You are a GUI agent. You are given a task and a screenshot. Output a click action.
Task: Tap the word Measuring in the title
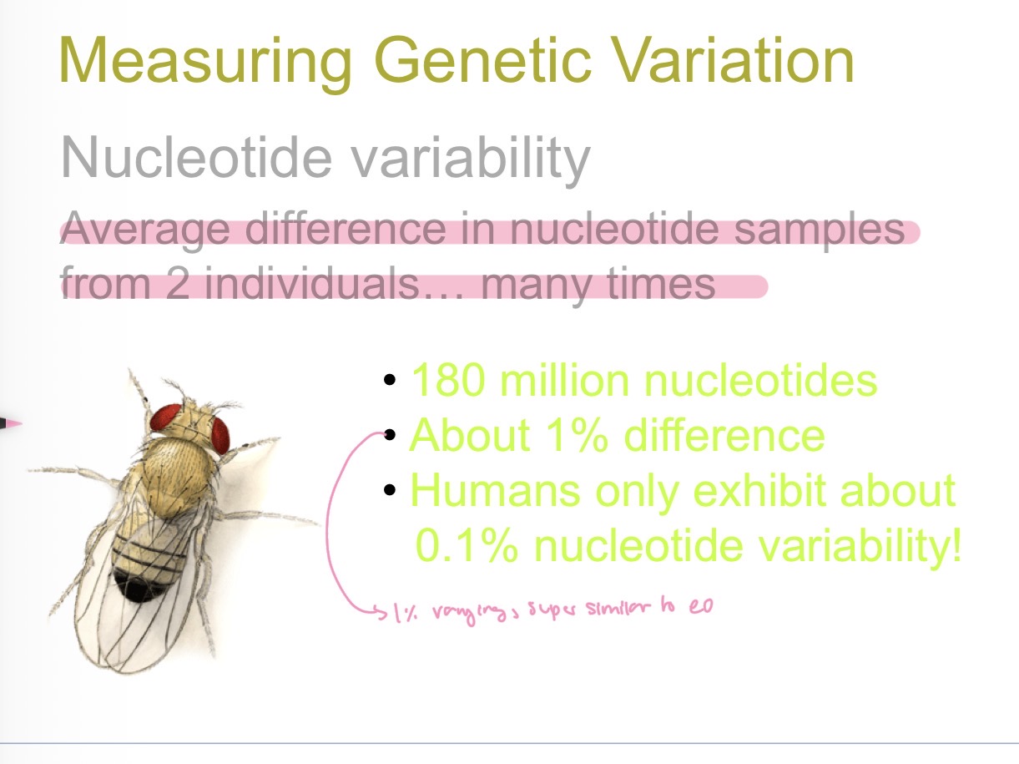coord(204,60)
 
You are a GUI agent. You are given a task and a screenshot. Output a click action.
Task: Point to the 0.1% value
coord(468,547)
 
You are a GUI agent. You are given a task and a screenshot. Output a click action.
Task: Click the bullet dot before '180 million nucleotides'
coord(389,381)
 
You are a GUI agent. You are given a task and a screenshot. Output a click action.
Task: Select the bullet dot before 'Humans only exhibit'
coord(389,491)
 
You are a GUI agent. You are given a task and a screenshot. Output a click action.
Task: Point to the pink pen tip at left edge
coord(10,423)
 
